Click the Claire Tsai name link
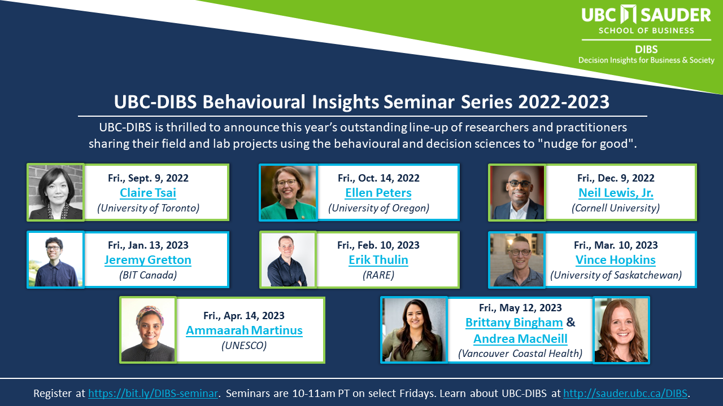(148, 193)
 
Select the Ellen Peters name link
(378, 193)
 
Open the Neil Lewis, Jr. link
(616, 193)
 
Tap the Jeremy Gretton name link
(148, 260)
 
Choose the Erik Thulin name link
(378, 260)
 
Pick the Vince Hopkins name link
(616, 260)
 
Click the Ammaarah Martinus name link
(245, 330)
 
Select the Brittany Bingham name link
(514, 322)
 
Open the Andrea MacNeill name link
(520, 339)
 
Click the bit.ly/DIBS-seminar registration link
(153, 394)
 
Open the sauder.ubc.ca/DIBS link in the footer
(625, 394)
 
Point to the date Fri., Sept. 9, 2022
(148, 178)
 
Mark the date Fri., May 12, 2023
(520, 308)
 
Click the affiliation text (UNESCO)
(244, 346)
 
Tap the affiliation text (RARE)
(378, 275)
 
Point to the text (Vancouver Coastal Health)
(520, 354)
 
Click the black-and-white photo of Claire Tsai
(55, 192)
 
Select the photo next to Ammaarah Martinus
(148, 330)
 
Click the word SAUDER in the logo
(676, 15)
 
